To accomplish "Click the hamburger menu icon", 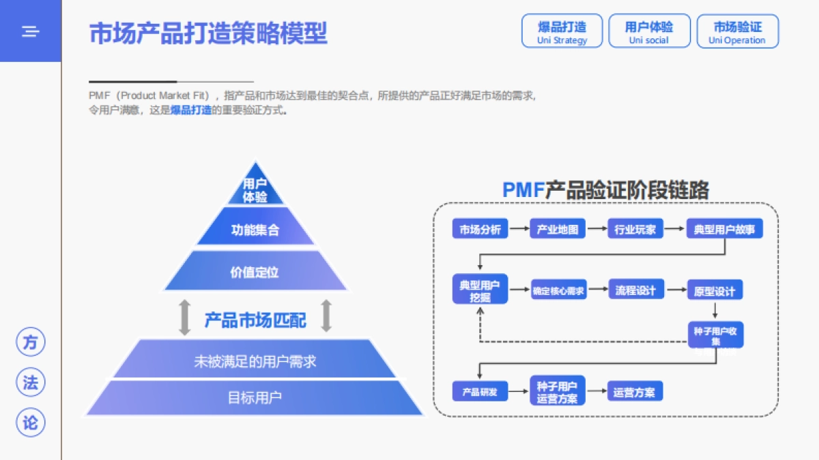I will tap(30, 31).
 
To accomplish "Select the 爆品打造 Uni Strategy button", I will tap(562, 31).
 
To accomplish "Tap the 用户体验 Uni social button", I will tap(649, 31).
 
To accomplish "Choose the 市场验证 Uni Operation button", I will tap(737, 31).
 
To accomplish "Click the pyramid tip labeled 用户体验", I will tap(255, 190).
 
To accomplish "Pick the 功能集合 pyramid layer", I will tap(255, 230).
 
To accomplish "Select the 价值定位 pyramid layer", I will tap(255, 273).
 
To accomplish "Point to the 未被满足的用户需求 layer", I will tap(255, 361).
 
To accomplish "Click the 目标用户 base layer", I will tap(255, 397).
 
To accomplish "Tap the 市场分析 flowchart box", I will tap(480, 229).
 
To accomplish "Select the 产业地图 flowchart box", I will tap(558, 229).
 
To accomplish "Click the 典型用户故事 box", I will tap(724, 229).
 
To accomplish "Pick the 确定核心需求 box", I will tap(558, 291).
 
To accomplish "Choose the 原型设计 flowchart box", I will tap(715, 291).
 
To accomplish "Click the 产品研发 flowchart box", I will tap(480, 392).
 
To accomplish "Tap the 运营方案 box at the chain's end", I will tap(634, 392).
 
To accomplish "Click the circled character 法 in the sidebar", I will tap(31, 383).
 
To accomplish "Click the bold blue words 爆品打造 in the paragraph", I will tap(191, 110).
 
